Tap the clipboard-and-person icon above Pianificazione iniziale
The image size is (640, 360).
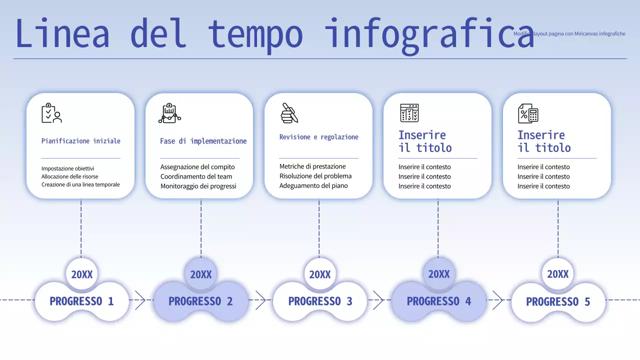click(51, 113)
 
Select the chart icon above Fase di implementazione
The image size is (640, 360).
click(169, 113)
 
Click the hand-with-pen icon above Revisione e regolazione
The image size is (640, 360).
click(289, 113)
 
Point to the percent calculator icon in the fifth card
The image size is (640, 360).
click(528, 113)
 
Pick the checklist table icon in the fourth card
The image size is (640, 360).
click(409, 113)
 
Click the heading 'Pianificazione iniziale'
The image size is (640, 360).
click(81, 141)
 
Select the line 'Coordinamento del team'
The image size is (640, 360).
click(196, 176)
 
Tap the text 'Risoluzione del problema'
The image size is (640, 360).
click(315, 176)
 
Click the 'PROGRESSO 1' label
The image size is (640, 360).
click(81, 301)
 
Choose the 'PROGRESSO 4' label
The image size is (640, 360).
click(439, 301)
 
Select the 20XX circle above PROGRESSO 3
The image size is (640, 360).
click(320, 274)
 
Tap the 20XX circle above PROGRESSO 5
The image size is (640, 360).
click(558, 274)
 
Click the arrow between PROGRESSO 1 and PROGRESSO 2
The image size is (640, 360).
click(140, 300)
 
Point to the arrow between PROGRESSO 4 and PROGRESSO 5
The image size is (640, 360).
click(497, 300)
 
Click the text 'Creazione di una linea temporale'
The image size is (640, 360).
click(80, 184)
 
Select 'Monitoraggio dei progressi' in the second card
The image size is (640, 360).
click(198, 186)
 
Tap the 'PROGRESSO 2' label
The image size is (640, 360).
click(200, 301)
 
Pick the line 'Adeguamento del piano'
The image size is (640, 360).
click(313, 185)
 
